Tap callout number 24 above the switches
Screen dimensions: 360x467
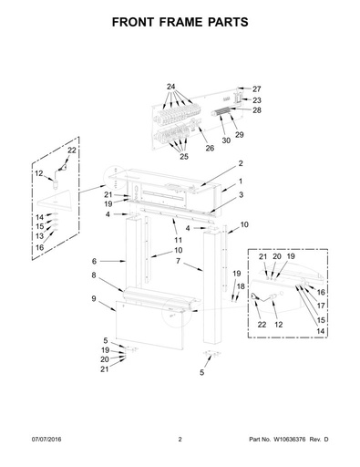coord(171,87)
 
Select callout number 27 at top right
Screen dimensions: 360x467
coord(257,89)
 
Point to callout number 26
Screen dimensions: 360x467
coord(210,148)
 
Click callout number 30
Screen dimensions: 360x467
coord(226,140)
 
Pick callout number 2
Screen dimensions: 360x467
coord(241,163)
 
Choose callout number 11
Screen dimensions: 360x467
coord(178,240)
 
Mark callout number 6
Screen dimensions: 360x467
coord(94,261)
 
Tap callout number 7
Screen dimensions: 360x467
coord(178,261)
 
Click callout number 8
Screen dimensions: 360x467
coord(94,275)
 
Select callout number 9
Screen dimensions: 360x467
coord(94,298)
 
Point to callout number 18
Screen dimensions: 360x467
coord(241,286)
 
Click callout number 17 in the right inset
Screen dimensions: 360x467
coord(321,306)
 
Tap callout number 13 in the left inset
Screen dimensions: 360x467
coord(40,236)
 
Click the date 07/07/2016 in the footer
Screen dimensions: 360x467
coord(46,439)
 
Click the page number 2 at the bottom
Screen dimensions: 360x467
coord(180,439)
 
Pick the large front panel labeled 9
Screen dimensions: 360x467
coord(149,324)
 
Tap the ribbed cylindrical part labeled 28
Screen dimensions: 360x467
coord(221,112)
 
